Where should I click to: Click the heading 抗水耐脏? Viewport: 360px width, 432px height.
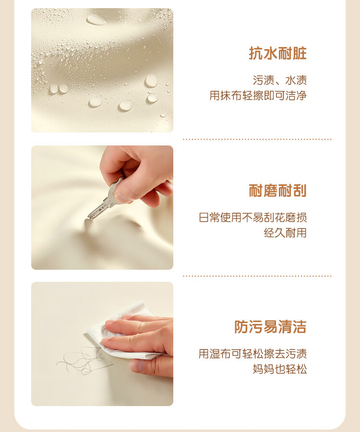click(277, 53)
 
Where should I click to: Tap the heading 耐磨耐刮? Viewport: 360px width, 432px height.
click(277, 191)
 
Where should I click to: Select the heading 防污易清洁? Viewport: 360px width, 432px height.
click(270, 327)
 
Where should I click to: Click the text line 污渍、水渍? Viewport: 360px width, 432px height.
click(279, 80)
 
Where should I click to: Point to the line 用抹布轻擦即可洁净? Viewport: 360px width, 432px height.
click(258, 96)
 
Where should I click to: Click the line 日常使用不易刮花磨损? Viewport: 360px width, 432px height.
click(252, 217)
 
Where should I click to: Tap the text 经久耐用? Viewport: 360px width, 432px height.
click(285, 233)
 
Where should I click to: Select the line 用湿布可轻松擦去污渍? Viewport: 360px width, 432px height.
click(252, 354)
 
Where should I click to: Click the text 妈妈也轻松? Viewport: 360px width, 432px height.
click(279, 369)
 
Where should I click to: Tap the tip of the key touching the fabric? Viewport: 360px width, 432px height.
click(88, 219)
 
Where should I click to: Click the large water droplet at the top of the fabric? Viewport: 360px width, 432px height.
click(96, 20)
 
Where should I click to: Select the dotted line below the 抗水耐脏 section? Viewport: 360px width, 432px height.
click(257, 139)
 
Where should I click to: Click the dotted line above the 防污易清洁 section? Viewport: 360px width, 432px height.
click(257, 276)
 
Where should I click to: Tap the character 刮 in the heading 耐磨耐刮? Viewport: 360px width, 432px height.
click(300, 191)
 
